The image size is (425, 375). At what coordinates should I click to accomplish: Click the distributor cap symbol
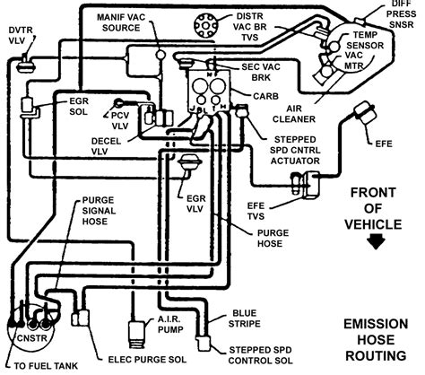click(x=204, y=25)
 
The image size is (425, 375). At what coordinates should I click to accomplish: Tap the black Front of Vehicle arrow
click(x=376, y=241)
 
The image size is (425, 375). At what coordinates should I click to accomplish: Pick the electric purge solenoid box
click(x=80, y=318)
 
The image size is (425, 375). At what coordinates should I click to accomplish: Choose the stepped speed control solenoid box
click(x=204, y=343)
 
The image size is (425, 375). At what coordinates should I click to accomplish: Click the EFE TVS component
click(x=307, y=184)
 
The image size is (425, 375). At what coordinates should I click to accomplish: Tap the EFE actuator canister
click(x=364, y=112)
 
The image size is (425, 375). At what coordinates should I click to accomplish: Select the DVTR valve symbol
click(x=26, y=64)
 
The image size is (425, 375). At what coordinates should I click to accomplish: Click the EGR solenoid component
click(x=29, y=108)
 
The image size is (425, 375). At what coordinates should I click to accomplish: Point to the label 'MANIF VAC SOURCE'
click(x=121, y=22)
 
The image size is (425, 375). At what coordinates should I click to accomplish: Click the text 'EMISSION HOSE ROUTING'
click(x=376, y=340)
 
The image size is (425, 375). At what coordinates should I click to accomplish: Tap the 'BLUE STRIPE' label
click(x=244, y=318)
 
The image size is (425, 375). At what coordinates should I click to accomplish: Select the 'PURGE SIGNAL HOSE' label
click(x=99, y=211)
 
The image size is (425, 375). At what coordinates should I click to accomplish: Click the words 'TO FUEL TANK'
click(x=46, y=366)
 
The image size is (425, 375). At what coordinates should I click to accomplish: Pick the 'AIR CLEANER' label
click(x=294, y=114)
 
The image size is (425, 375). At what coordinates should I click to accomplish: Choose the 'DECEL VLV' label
click(x=106, y=146)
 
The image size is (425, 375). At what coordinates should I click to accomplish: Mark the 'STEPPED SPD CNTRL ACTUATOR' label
click(x=295, y=150)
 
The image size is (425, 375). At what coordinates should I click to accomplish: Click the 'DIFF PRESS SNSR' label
click(x=403, y=14)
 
